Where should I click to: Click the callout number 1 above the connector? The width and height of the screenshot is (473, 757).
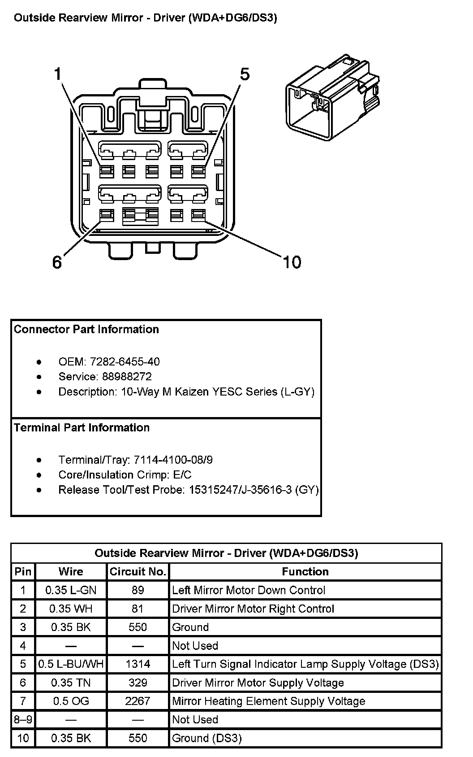tap(57, 74)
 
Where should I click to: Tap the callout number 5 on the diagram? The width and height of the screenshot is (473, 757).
tap(245, 74)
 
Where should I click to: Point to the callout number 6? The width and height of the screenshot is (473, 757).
tap(57, 262)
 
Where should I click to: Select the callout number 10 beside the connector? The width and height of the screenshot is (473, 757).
tap(292, 262)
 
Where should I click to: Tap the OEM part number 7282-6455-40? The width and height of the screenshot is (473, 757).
tap(125, 361)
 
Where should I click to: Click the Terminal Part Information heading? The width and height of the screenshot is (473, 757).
tap(82, 427)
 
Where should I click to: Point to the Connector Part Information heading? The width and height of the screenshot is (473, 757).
tap(86, 329)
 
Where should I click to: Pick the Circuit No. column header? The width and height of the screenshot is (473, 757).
tap(138, 571)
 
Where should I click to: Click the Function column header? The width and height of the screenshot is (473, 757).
tap(305, 571)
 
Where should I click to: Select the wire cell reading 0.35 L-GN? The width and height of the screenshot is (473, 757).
tap(71, 590)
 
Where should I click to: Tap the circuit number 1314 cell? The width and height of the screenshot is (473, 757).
tap(138, 664)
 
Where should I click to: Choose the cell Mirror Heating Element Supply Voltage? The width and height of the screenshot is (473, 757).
tap(269, 701)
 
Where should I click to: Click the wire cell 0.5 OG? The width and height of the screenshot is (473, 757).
tap(71, 701)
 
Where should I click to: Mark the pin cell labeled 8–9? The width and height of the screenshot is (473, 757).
tap(23, 719)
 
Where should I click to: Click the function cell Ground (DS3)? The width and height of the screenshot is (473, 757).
tap(207, 738)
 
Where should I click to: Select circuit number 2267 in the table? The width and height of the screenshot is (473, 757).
tap(138, 701)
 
